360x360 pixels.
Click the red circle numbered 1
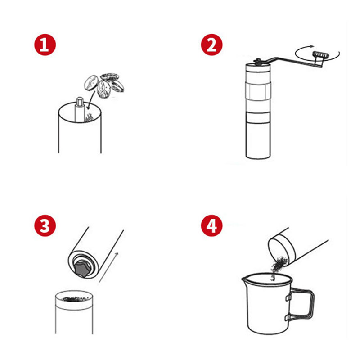point(45,45)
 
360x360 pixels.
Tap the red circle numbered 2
point(211,45)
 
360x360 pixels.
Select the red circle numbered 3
point(45,226)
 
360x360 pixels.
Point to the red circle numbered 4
point(211,226)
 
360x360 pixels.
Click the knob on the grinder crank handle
point(320,55)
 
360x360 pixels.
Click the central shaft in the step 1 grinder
point(80,109)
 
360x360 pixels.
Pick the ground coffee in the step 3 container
point(75,299)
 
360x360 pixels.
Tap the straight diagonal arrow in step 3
point(108,267)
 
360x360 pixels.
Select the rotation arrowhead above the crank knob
point(311,46)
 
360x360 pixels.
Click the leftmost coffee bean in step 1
point(91,83)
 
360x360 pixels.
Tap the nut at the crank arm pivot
point(258,61)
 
